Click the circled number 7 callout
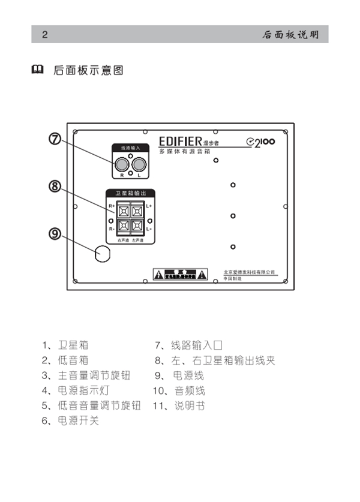55,139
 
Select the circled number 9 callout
55,233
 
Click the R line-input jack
122,164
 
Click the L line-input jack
140,164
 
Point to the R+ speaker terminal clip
124,211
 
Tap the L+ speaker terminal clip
137,211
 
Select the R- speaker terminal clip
124,226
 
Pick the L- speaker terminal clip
137,226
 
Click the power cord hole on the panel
103,254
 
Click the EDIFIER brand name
181,142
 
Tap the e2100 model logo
260,142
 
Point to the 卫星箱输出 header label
130,193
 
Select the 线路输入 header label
131,147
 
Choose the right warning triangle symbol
203,275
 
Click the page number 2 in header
44,34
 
